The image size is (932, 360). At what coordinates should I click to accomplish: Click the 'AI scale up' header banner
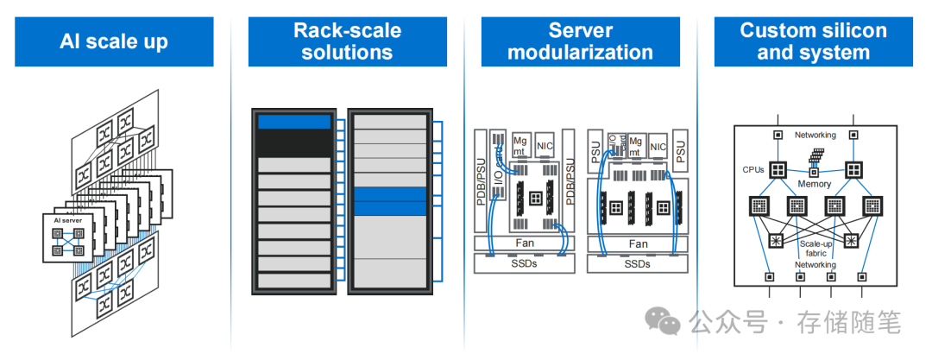point(114,41)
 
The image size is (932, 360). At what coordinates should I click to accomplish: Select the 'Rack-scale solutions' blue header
point(347,41)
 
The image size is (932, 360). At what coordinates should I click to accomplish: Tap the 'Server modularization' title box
point(580,41)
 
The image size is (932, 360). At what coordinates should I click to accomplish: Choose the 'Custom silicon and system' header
point(813,41)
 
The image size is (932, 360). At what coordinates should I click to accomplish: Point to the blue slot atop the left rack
point(294,122)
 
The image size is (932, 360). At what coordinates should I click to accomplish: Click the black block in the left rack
point(294,142)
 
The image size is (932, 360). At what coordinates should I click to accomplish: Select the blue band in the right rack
point(390,201)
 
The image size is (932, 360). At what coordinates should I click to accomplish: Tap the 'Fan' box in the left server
point(525,243)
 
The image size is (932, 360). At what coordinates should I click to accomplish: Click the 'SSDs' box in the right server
point(638,262)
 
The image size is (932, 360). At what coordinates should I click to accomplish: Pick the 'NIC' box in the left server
point(545,145)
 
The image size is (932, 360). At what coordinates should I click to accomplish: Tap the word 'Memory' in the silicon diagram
point(814,184)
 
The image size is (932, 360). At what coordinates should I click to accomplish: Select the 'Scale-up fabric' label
point(814,249)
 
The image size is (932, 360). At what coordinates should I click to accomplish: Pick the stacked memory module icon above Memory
point(814,157)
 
